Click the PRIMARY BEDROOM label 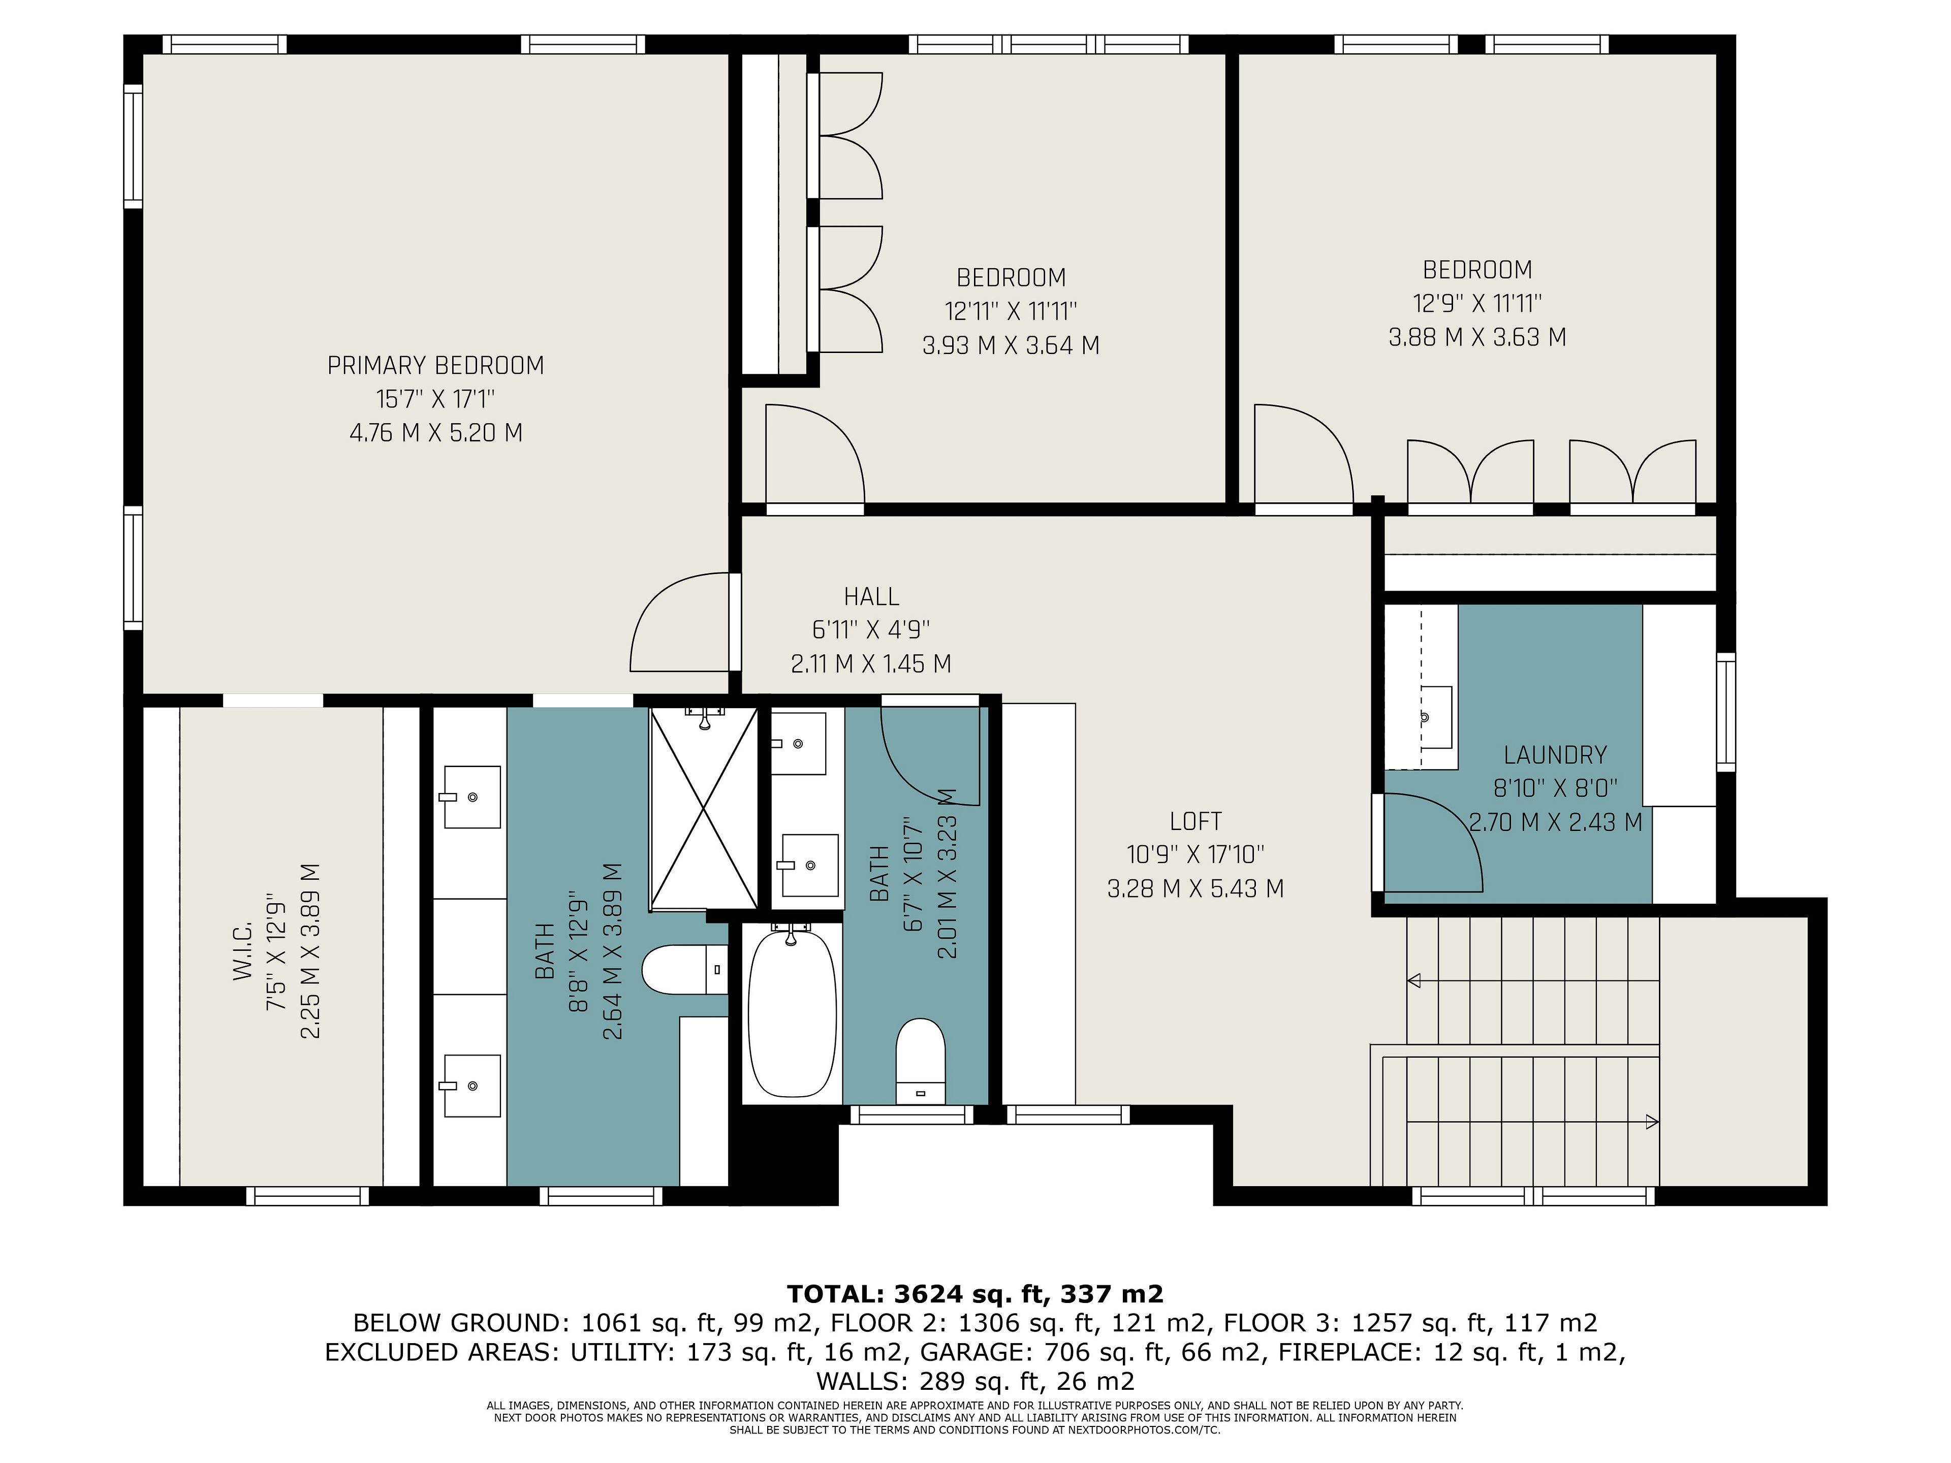[436, 365]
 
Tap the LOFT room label [1195, 821]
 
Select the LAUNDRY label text [1555, 755]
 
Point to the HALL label [871, 597]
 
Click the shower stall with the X [703, 808]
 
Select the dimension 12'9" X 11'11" [1477, 303]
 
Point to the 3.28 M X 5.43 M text [1195, 888]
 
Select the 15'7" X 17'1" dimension [436, 399]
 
